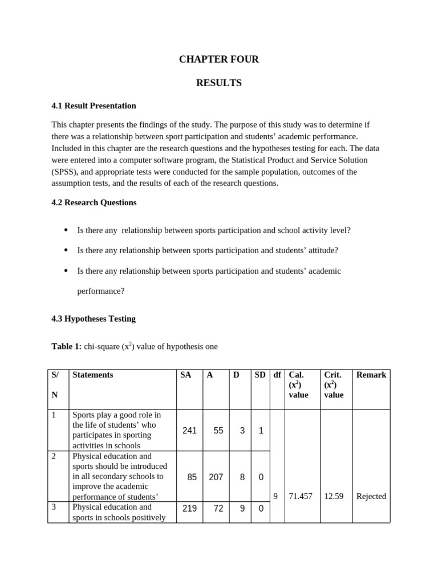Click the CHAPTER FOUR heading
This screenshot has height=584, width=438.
[219, 59]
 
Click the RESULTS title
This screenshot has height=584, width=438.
[219, 83]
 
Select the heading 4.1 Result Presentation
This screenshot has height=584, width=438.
[94, 106]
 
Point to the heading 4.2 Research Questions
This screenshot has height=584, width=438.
[94, 202]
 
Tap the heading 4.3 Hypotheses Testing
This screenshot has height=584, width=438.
[94, 319]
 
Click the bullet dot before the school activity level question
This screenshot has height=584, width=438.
[66, 230]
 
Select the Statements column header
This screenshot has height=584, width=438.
[93, 375]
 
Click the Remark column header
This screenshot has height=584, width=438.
[371, 375]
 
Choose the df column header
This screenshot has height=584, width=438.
[277, 375]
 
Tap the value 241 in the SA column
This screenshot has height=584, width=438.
[189, 431]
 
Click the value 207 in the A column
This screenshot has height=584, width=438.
[216, 477]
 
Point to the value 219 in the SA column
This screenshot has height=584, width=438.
[189, 508]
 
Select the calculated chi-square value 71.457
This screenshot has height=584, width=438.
[301, 496]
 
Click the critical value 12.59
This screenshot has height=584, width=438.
[334, 496]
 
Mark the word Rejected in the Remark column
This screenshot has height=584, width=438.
[371, 496]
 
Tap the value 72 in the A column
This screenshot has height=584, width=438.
[218, 508]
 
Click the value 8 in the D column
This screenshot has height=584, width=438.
[242, 477]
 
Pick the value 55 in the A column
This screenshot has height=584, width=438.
[218, 431]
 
